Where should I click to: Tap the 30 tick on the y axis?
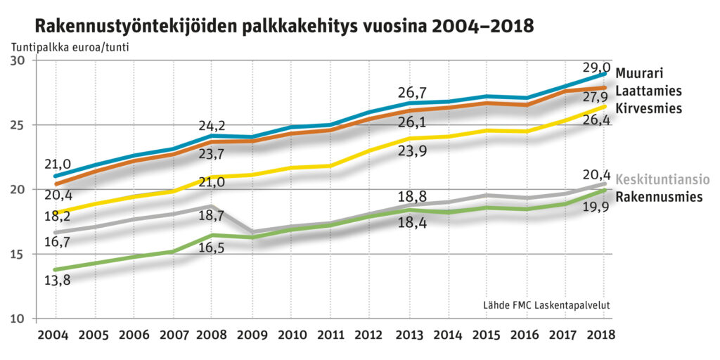point(18,60)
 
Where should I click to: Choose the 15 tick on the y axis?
point(18,254)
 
